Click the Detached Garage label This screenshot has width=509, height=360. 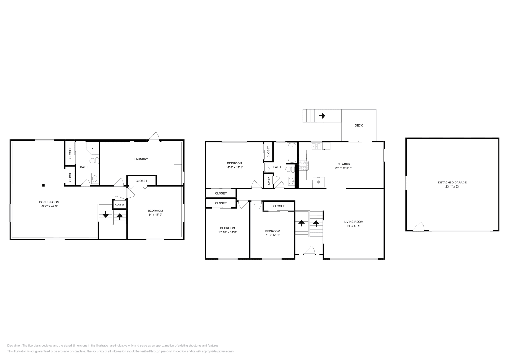coord(452,183)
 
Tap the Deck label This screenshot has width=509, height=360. coord(359,125)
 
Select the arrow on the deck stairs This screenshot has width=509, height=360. coord(322,116)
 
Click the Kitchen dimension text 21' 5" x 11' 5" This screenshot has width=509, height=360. coord(344,168)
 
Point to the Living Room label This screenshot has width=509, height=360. coord(353,222)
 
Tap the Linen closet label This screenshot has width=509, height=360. coord(268,180)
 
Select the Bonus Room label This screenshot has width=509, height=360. coord(49,202)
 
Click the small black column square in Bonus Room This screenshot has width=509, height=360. coord(44,185)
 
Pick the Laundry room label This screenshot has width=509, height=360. coord(141,159)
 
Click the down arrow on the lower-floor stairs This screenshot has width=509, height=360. coord(106,215)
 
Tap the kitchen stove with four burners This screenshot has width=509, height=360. coord(303,166)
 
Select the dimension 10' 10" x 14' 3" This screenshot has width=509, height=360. coord(227,232)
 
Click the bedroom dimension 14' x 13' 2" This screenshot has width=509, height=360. coord(155,215)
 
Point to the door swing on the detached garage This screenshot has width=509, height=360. coord(419,226)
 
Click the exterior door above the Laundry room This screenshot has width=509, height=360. coord(154,137)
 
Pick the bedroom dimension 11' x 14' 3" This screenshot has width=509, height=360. coord(273,235)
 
